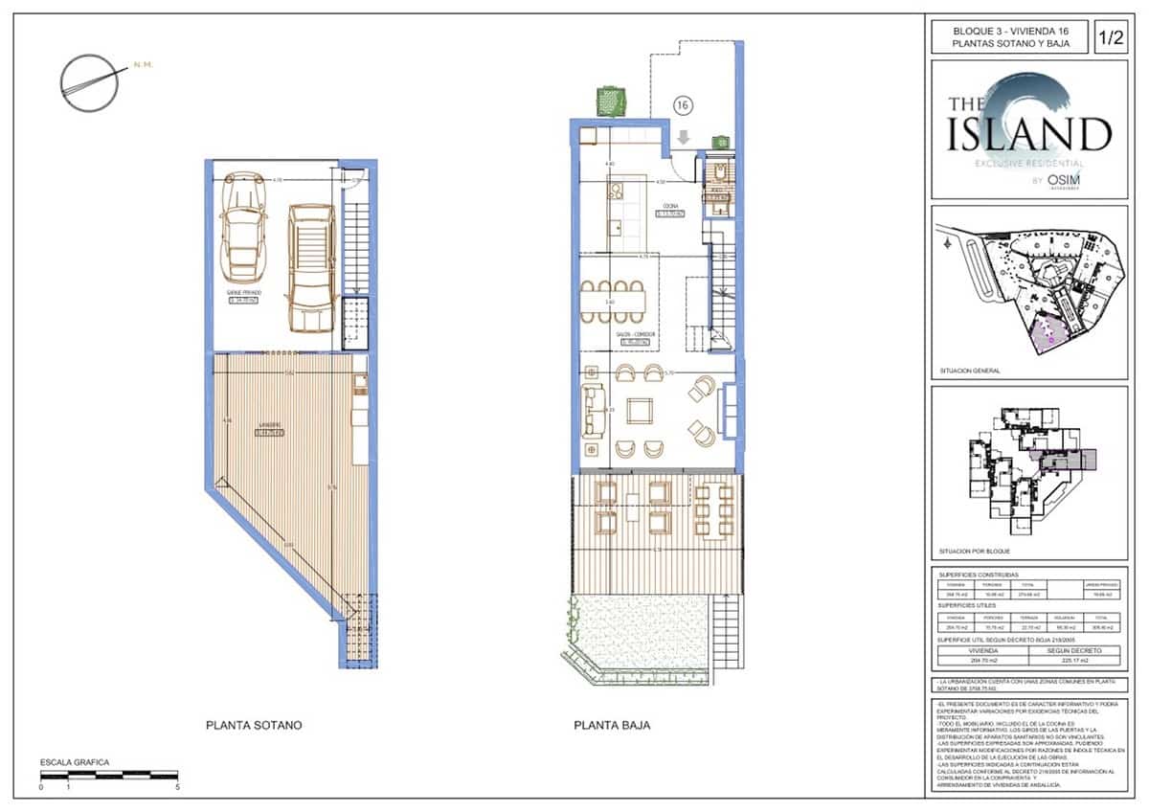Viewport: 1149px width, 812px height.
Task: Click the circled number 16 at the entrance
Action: (x=684, y=104)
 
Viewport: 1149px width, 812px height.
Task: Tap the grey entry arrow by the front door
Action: (x=683, y=138)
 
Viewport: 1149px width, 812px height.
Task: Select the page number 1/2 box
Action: (x=1111, y=38)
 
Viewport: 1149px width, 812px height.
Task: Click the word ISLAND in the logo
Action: (x=1029, y=135)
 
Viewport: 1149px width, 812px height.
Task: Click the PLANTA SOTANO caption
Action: (x=254, y=725)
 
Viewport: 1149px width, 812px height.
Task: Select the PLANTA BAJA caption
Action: (x=612, y=725)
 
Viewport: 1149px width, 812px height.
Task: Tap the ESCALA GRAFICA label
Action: (x=74, y=762)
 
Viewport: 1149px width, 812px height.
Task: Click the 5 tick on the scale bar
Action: (x=178, y=787)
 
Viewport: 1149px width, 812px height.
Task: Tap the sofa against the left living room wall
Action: (x=594, y=410)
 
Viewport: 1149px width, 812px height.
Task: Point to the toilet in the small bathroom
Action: (x=720, y=171)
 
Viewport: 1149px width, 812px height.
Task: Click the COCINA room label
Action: (x=670, y=205)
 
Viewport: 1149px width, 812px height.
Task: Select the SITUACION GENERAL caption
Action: (x=971, y=371)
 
